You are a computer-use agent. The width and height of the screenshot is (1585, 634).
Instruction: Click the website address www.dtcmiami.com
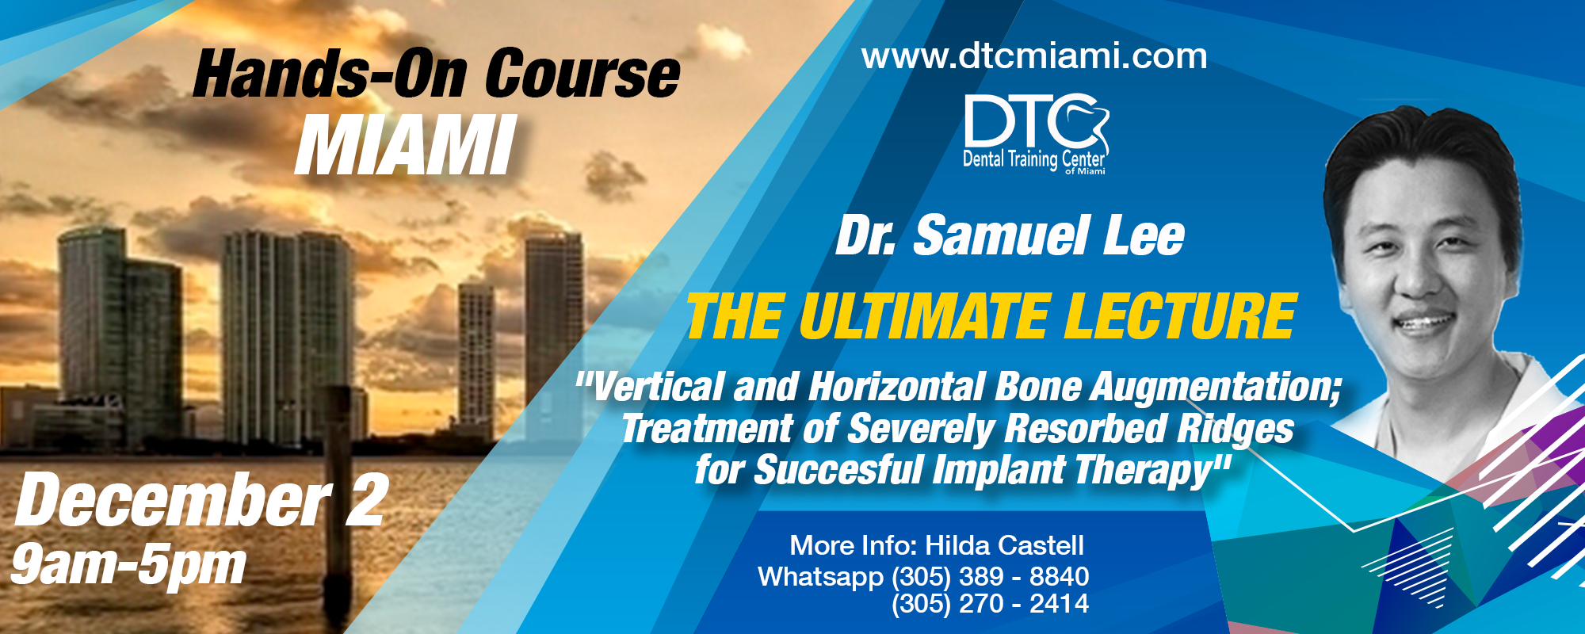(1034, 57)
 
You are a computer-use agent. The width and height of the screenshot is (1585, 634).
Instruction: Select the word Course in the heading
(582, 74)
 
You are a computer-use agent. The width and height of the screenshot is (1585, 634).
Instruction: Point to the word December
(173, 499)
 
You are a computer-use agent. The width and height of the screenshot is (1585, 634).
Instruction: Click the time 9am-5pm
(128, 565)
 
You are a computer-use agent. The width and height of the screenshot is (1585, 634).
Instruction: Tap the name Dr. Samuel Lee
(1010, 236)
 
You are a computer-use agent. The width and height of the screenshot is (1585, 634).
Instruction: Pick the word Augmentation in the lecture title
(1216, 388)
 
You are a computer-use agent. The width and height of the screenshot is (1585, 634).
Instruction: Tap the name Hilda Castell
(1004, 545)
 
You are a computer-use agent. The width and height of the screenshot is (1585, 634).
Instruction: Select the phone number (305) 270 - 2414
(990, 604)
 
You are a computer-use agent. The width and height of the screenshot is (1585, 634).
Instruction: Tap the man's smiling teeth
(1427, 323)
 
